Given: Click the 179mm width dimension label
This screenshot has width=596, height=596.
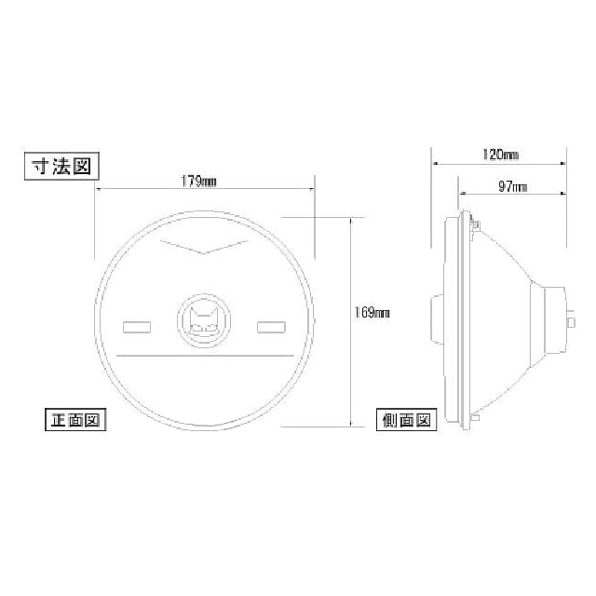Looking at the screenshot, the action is pos(198,182).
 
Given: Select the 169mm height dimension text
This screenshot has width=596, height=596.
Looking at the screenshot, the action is pos(372,313).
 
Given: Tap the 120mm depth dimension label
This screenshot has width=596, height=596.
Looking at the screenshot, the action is pos(500,155).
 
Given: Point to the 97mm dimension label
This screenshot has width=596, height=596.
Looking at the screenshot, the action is pos(512,186).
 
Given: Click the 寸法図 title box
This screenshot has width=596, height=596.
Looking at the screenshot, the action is pos(61,166).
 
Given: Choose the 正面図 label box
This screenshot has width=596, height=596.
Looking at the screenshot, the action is pos(75,420).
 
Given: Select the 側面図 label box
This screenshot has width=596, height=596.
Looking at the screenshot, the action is pos(406,420).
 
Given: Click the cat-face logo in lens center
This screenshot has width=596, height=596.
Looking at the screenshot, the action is pos(204,321).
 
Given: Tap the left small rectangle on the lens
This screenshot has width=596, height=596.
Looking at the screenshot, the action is pos(137,327).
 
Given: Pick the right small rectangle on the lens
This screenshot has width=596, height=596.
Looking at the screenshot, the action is pos(271,327).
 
